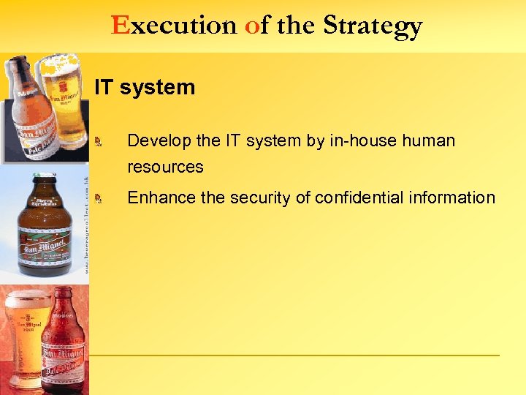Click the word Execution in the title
[174, 26]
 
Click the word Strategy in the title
[373, 26]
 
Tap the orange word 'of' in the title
[254, 26]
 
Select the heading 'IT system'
[145, 88]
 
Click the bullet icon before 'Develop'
[105, 140]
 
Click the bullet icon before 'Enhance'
[105, 198]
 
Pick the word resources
[165, 167]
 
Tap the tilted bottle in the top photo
[29, 110]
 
